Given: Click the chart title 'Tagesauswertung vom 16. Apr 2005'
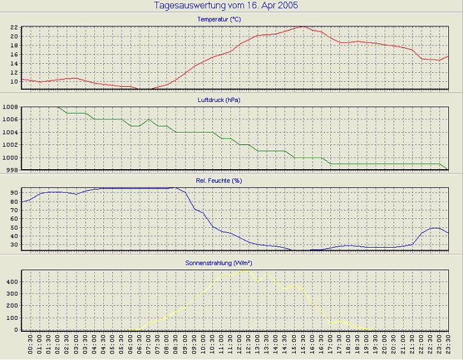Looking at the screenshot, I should (x=226, y=6).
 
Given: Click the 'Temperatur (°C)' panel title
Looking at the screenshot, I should (x=219, y=20).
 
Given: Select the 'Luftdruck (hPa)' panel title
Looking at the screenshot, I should (x=219, y=100).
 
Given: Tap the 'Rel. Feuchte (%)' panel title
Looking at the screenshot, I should (x=219, y=181).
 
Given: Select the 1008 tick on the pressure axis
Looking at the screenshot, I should (x=10, y=107).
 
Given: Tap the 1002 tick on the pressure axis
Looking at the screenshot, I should (x=10, y=145).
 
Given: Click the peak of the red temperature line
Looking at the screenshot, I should (x=303, y=27).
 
